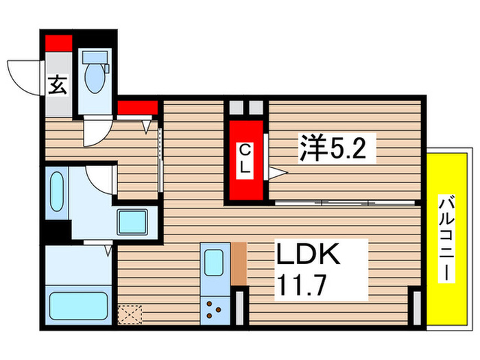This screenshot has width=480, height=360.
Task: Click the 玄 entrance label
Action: point(58,86)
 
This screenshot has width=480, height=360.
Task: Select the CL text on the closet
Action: point(244,158)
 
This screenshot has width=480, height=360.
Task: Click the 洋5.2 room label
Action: point(336,149)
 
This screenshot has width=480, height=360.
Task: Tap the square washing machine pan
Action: point(136,221)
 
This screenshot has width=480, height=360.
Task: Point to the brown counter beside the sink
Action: point(239,263)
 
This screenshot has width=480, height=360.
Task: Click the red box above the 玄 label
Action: point(58,43)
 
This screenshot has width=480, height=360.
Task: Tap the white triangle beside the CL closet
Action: point(276,173)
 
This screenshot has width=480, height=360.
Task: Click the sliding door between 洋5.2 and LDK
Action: point(343,202)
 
